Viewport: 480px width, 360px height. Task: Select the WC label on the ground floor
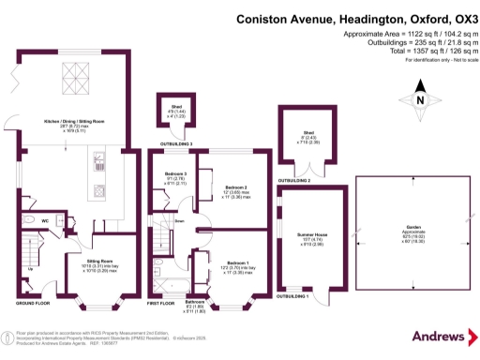coord(45,220)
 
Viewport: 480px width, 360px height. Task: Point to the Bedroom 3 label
coord(177,174)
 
